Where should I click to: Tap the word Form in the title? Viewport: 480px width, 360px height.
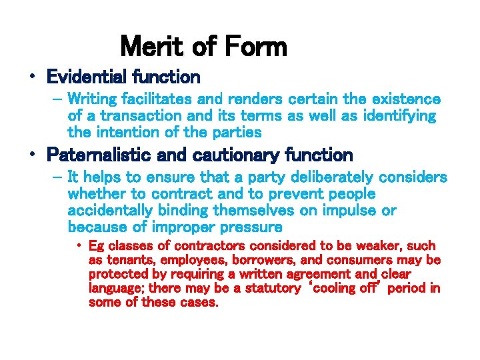pyautogui.click(x=256, y=47)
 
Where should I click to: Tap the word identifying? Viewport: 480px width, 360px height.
pyautogui.click(x=393, y=116)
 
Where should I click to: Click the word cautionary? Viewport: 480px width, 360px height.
pyautogui.click(x=227, y=155)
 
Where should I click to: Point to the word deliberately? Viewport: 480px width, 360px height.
pyautogui.click(x=325, y=177)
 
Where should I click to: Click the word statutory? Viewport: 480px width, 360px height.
pyautogui.click(x=273, y=288)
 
